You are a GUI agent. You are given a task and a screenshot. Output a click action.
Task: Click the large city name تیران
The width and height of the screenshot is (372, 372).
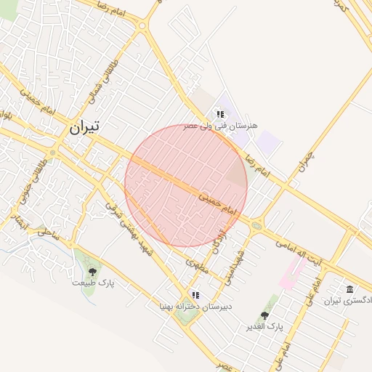84,127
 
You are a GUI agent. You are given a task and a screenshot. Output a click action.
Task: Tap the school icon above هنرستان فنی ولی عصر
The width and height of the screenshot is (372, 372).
219,114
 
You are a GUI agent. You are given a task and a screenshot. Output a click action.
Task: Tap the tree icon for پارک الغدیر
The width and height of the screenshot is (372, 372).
264,316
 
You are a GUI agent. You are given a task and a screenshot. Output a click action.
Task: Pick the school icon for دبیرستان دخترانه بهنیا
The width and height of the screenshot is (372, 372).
195,295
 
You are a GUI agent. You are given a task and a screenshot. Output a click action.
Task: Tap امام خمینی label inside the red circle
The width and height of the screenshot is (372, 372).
217,203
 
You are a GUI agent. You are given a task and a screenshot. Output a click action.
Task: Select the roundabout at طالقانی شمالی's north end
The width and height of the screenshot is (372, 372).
142,26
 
